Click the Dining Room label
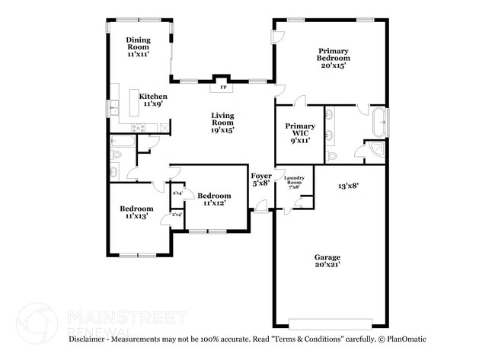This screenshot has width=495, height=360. coord(138,47)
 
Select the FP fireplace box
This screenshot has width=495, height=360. coord(224,88)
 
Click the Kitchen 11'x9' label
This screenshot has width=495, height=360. coord(153,100)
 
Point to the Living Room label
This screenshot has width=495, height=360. coord(222,122)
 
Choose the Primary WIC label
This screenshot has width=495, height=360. coord(300,132)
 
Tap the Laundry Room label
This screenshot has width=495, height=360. coord(294,183)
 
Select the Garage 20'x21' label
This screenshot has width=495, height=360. coord(327,260)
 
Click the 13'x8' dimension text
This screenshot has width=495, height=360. coord(348,185)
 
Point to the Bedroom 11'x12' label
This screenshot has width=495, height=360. coord(214,199)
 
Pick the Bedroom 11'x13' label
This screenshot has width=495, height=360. coord(136,212)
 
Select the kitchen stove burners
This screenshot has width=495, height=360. coord(138,127)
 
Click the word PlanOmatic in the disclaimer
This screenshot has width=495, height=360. coord(404,339)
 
